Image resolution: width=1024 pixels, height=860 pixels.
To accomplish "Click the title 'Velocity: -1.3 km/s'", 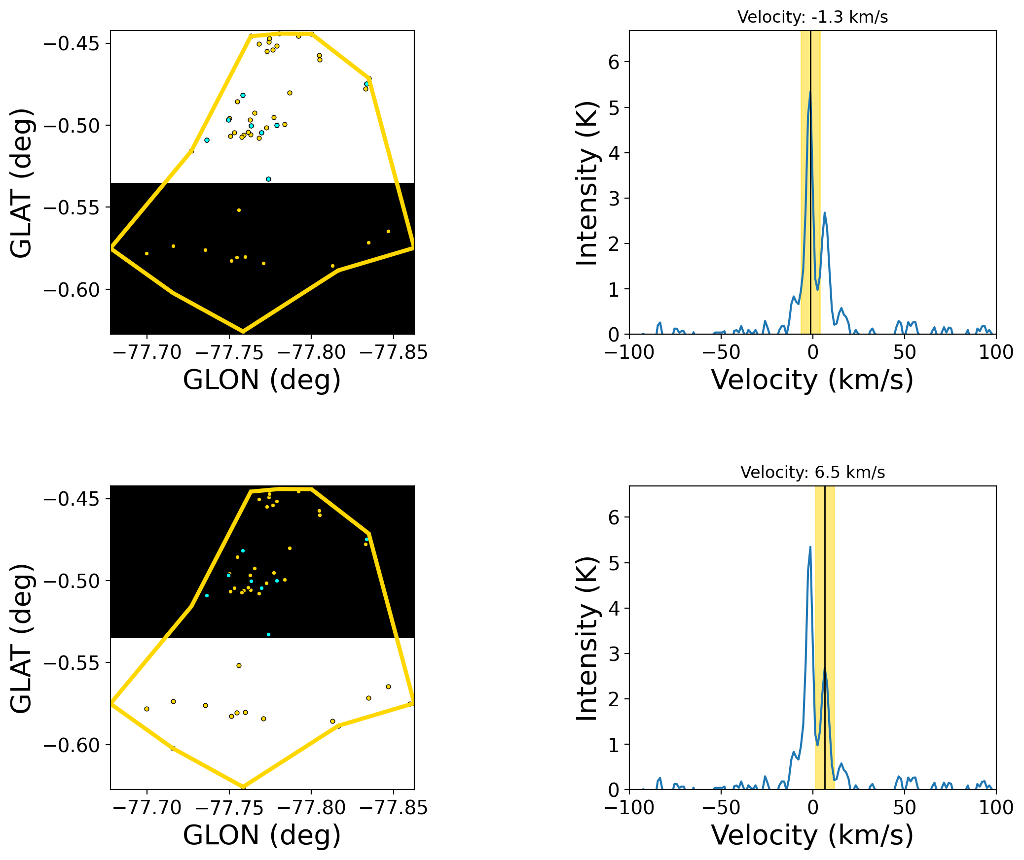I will coord(812,17).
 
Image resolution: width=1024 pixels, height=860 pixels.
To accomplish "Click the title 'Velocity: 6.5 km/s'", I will coord(812,473).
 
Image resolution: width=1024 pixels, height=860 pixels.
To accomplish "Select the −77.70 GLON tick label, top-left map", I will coord(147,352).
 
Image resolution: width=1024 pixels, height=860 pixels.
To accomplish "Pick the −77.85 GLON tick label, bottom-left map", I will coord(394,808).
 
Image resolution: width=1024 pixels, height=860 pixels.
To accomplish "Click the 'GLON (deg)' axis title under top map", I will coord(262,380).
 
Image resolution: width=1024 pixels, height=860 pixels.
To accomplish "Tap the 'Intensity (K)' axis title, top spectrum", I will coord(587,183).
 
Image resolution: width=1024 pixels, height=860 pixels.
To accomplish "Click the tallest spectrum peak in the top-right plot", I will coord(809,92).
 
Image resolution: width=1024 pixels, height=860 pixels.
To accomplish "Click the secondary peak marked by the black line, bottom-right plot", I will coord(824,668).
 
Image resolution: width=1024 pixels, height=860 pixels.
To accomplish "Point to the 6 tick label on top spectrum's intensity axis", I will coord(614,62).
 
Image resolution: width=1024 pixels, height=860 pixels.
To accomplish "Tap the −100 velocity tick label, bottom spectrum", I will coord(629,808).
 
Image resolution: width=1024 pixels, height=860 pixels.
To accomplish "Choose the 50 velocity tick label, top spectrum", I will coord(904,352).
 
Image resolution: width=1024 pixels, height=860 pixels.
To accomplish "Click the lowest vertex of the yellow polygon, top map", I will coord(242,331).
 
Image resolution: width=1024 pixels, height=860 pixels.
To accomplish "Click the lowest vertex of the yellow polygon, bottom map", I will coord(242,787).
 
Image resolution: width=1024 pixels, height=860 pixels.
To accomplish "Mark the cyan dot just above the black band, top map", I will coord(268,179).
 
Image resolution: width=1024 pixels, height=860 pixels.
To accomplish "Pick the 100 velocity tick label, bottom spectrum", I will coord(996,808).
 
